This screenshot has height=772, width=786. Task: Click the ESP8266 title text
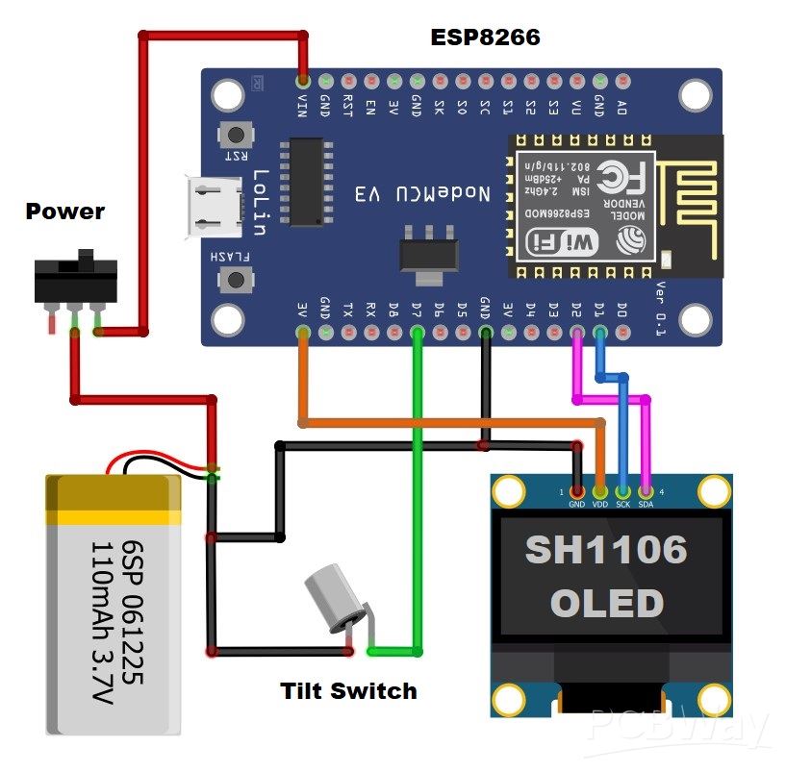coord(485,37)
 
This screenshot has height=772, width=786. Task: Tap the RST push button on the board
coord(234,135)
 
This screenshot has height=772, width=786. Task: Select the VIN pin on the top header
coord(303,82)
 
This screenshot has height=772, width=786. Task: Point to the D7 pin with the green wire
coord(417,334)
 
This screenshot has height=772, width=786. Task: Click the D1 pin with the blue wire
coord(599,334)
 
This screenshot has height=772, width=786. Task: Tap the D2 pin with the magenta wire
coord(576,334)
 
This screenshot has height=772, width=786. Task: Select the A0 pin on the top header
coord(621,82)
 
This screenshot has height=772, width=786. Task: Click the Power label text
coord(64,212)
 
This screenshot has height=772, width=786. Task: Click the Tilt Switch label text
coord(348,690)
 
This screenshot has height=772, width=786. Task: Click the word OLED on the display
coord(606,604)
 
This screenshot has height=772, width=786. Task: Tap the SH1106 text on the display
coord(606,550)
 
